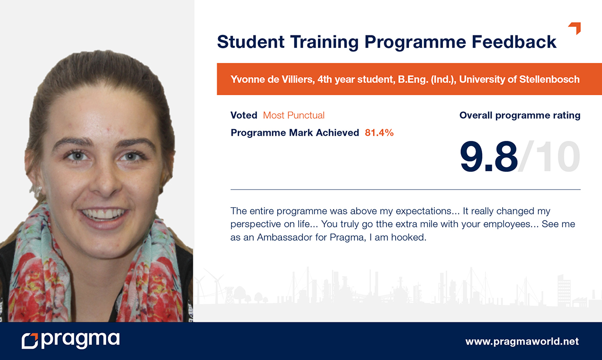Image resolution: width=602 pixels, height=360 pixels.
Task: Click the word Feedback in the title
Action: click(514, 42)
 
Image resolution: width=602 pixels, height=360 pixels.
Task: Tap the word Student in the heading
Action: click(251, 42)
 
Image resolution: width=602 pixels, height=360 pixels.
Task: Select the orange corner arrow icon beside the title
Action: click(575, 28)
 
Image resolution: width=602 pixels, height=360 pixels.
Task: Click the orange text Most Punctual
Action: click(294, 115)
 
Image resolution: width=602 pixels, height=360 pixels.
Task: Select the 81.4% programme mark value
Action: click(379, 133)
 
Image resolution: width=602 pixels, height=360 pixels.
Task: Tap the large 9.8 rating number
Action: click(489, 156)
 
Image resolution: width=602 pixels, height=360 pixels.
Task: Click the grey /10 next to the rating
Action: click(549, 156)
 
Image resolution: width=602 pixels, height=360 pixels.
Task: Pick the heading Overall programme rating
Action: click(520, 115)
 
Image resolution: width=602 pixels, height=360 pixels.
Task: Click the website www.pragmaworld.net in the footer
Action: click(522, 341)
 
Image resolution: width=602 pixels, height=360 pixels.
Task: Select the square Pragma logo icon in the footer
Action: click(30, 341)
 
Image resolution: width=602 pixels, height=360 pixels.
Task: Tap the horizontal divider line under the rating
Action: click(405, 190)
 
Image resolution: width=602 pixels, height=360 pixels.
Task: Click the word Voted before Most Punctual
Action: click(244, 115)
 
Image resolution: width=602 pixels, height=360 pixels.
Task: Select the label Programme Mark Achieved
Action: click(295, 133)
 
